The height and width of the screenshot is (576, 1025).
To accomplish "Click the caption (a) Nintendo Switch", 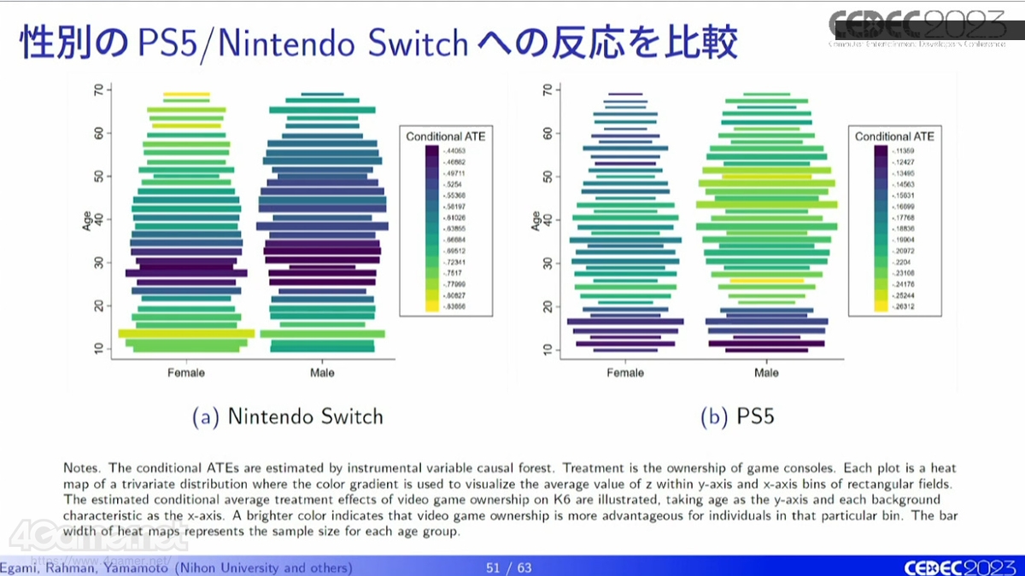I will (287, 416).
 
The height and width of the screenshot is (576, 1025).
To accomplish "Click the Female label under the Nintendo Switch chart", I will (186, 373).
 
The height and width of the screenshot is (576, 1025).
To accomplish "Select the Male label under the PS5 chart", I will (766, 373).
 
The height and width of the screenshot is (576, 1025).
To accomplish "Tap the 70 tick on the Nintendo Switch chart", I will (99, 90).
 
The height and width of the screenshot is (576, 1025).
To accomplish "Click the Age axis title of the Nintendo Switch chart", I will (87, 220).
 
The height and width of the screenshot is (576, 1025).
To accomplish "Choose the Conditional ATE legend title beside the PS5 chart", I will (894, 137).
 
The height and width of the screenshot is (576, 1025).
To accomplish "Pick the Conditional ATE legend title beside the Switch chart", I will (445, 137).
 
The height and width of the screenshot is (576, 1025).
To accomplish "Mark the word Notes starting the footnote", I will (81, 468).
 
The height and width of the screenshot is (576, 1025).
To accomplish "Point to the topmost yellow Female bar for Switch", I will (186, 95).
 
